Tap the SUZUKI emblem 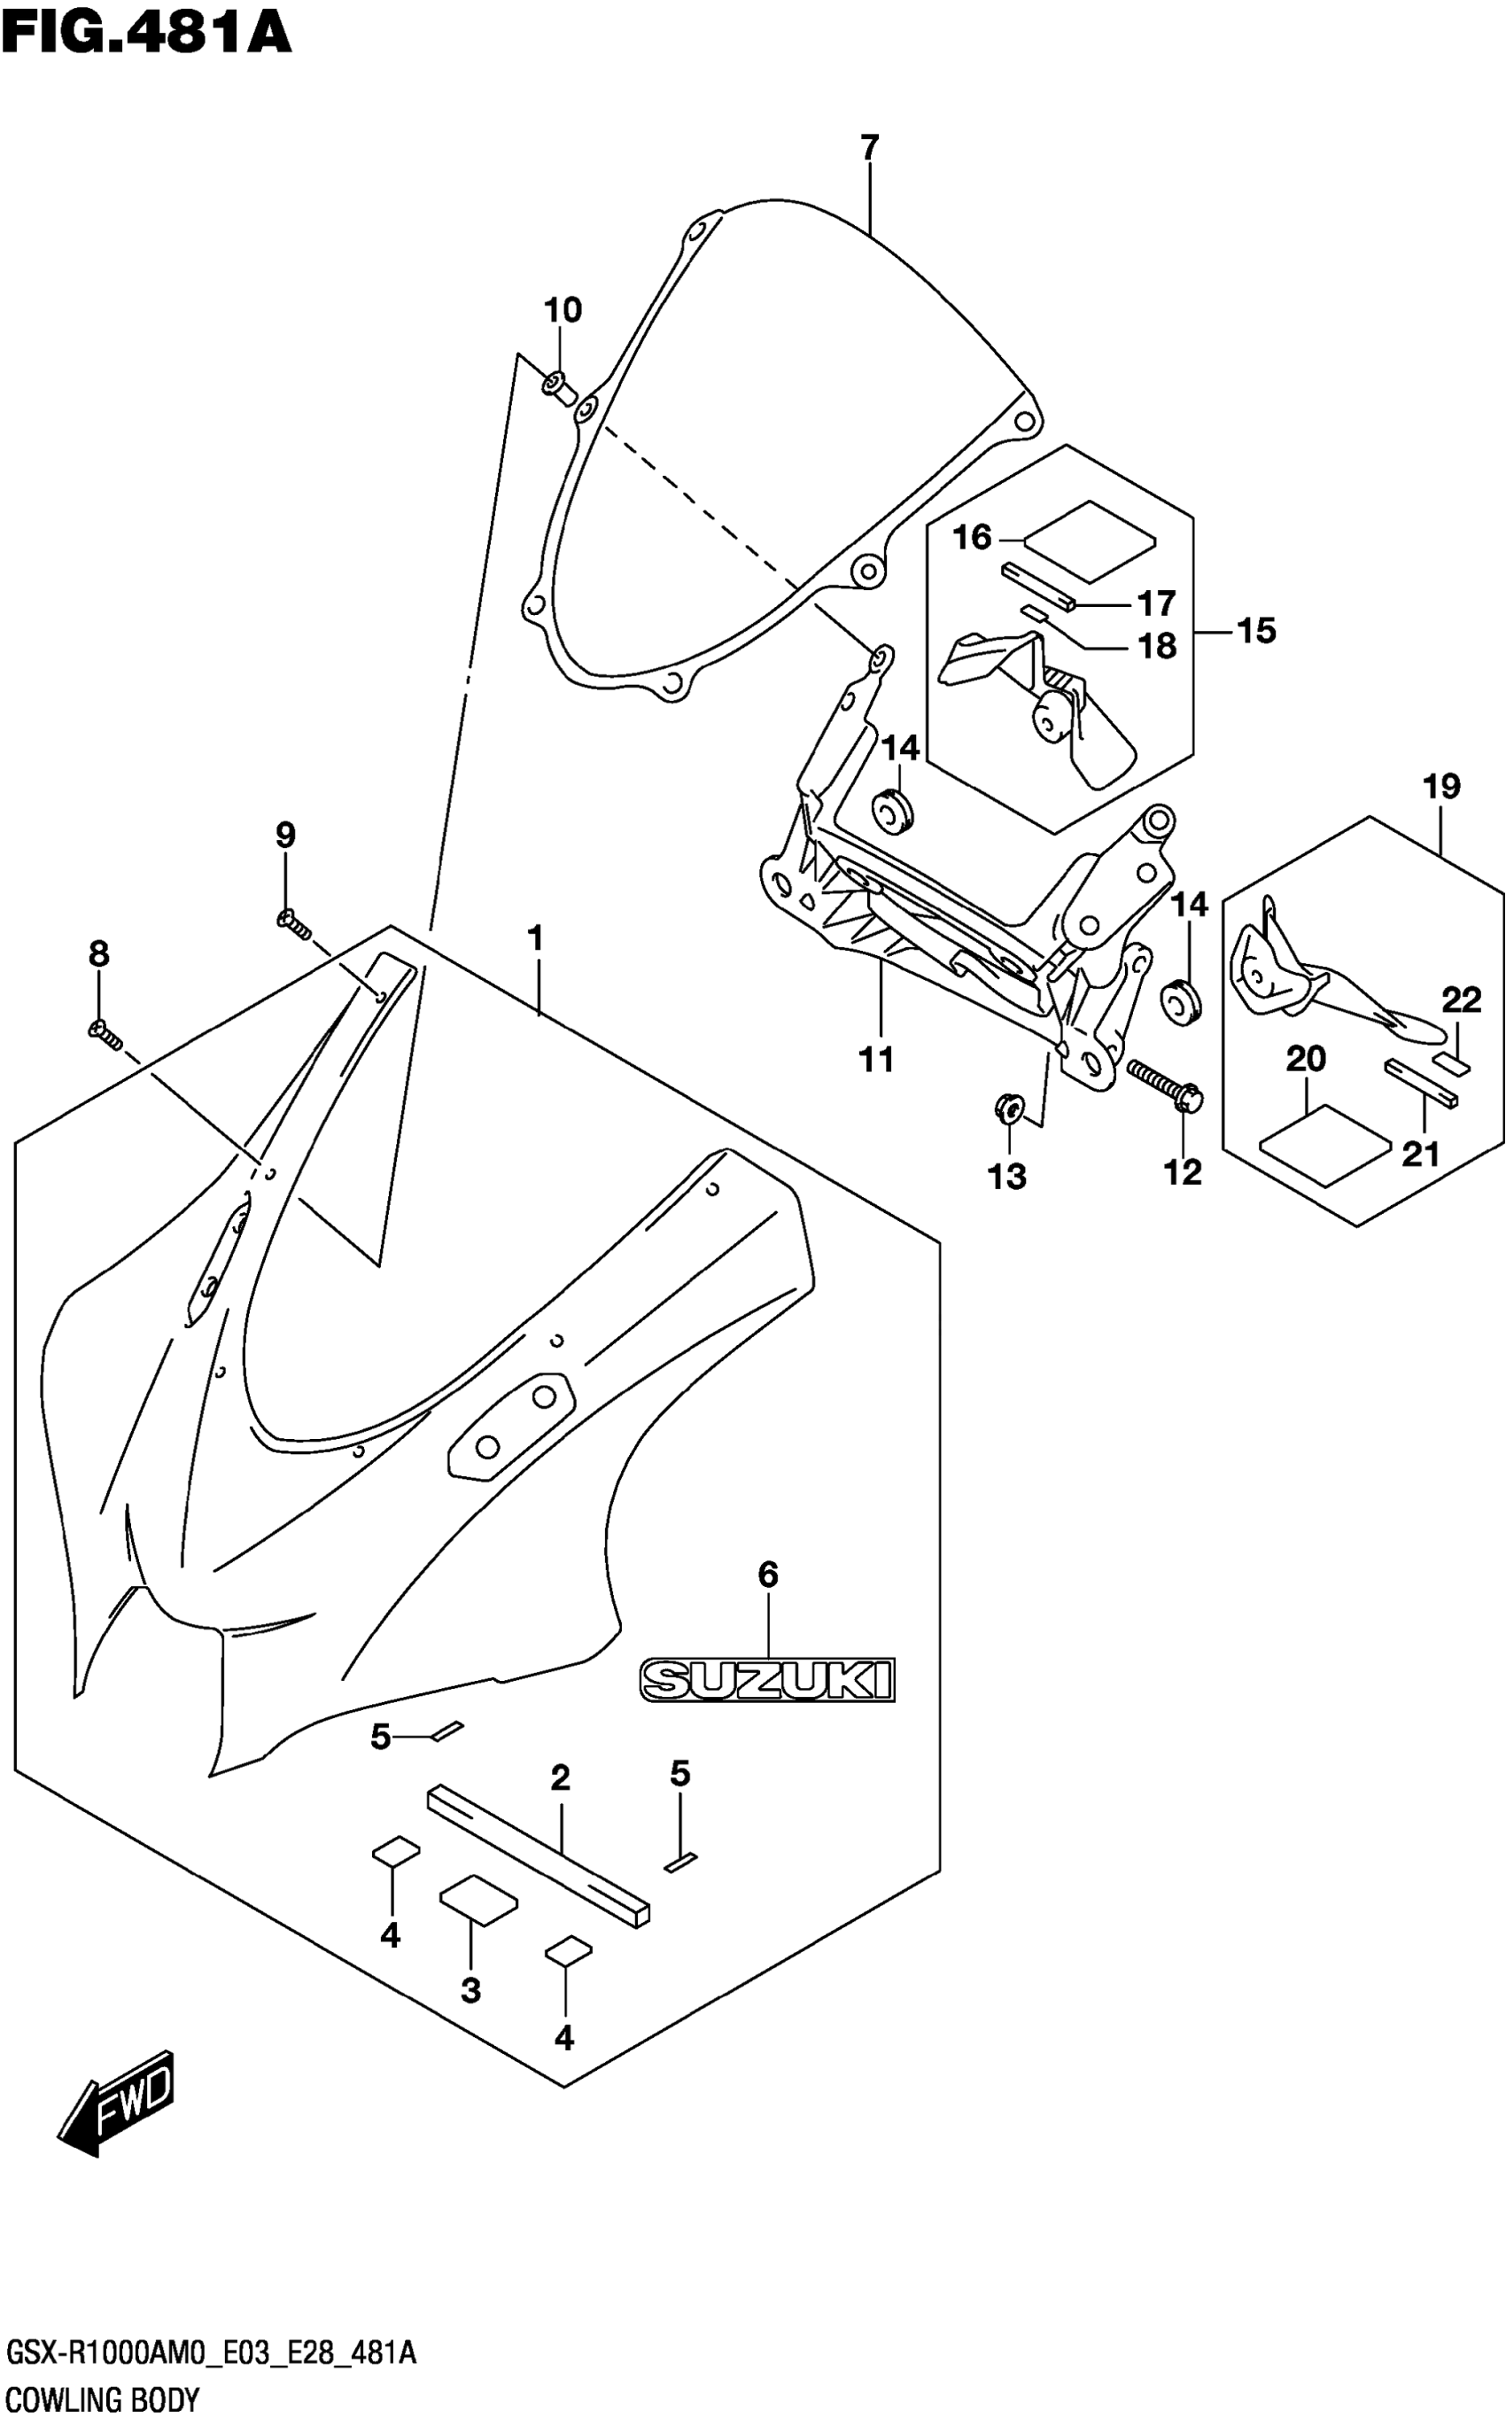point(767,1679)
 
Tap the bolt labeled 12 point(1165,1083)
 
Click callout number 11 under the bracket point(876,1059)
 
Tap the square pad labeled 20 point(1324,1143)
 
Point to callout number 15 point(1256,631)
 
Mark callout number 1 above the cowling point(535,938)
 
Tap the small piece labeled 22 point(1451,1063)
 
